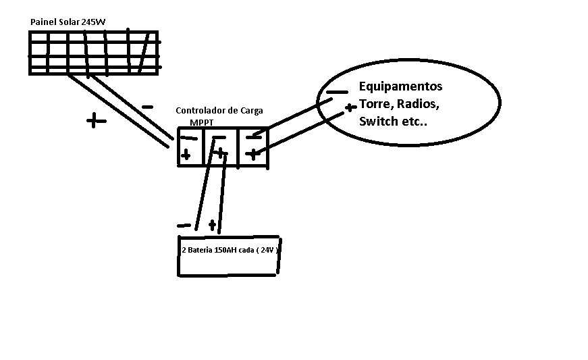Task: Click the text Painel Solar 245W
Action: point(68,22)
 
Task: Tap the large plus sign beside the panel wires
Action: point(97,121)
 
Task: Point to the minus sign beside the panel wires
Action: point(148,107)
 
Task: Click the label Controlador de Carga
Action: point(219,110)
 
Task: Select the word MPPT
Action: point(202,123)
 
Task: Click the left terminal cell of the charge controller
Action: point(189,147)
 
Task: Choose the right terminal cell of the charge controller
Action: point(253,147)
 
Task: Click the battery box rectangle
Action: point(229,263)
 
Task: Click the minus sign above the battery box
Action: point(183,226)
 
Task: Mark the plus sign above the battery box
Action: point(212,224)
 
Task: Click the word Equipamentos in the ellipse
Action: point(400,87)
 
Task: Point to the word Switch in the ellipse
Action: point(379,122)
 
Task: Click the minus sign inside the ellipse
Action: point(337,93)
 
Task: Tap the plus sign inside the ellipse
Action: point(349,107)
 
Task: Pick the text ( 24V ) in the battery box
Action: point(269,250)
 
